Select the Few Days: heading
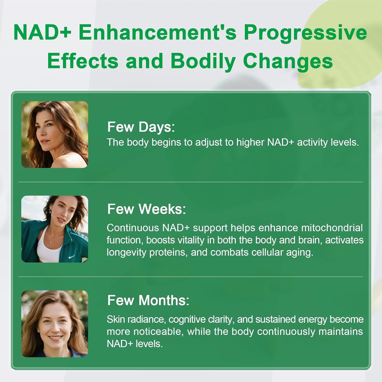point(141,127)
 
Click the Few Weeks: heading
point(146,209)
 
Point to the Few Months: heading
point(148,300)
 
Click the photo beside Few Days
point(54,134)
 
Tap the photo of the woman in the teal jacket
point(54,229)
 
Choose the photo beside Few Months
point(54,324)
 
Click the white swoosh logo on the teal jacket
point(72,257)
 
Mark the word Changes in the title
point(288,61)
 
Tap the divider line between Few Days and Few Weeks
point(190,182)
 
